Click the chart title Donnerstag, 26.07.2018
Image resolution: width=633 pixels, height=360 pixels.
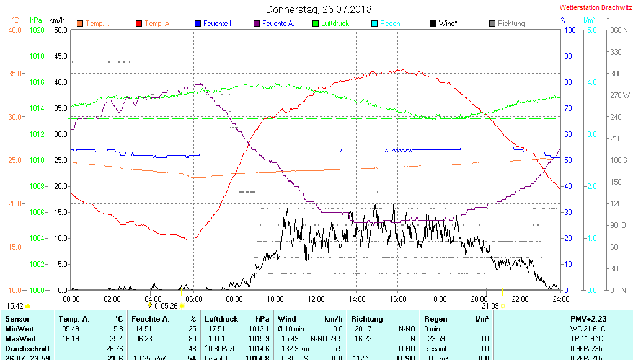[x=319, y=9]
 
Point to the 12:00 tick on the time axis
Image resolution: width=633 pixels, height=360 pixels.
[x=316, y=299]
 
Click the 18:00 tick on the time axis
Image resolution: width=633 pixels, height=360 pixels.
[x=438, y=299]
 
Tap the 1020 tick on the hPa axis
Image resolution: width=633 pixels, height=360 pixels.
[x=37, y=30]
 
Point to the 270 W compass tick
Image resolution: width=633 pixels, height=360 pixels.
[x=620, y=95]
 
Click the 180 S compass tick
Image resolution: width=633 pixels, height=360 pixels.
[x=619, y=160]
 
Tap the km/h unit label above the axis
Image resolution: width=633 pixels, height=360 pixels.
[x=58, y=20]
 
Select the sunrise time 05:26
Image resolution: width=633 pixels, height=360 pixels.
[x=169, y=306]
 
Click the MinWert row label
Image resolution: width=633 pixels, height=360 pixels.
[x=20, y=328]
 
